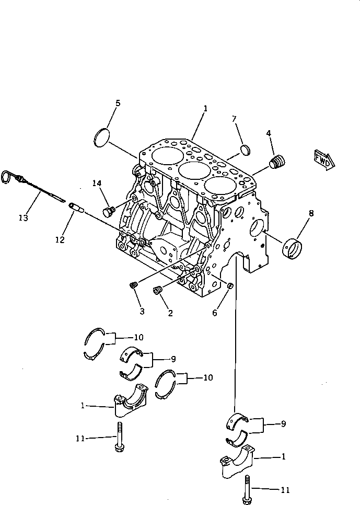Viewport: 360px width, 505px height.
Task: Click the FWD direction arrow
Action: point(323,159)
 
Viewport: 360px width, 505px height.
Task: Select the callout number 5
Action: point(118,103)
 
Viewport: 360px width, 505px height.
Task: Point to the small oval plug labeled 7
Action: point(245,151)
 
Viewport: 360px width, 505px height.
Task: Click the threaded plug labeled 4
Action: point(277,162)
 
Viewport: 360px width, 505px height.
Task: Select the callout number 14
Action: point(97,183)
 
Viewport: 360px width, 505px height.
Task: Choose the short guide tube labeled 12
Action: point(77,208)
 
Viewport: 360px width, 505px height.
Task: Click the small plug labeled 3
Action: point(133,285)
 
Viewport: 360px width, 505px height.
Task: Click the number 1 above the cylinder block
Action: point(205,108)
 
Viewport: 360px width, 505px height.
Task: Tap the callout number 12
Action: point(60,240)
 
